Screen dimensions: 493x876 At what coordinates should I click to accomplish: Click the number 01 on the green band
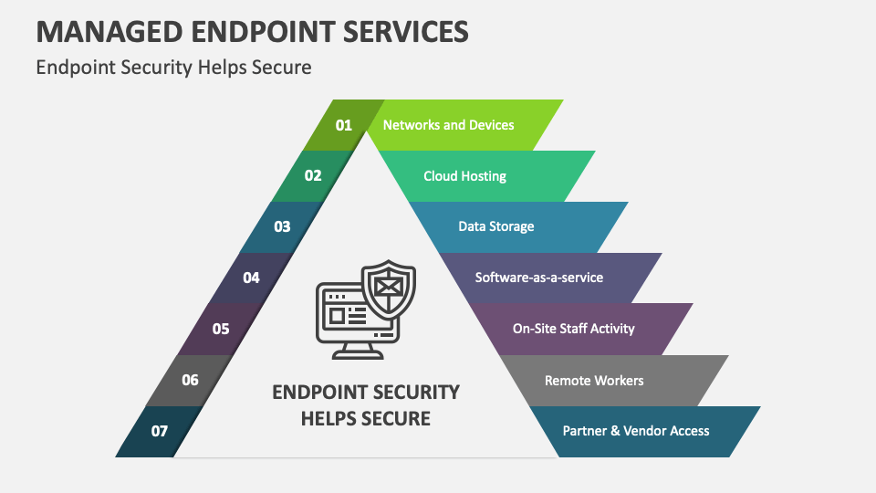pos(343,125)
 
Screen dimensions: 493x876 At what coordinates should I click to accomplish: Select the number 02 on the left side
pos(313,175)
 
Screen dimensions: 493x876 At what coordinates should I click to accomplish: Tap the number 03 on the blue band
pos(282,226)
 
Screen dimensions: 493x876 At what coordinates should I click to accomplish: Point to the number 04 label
pos(251,278)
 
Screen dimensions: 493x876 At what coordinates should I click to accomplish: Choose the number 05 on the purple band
pos(221,329)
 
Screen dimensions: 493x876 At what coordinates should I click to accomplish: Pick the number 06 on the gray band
pos(190,380)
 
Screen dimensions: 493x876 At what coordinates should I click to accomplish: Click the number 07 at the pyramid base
pos(160,431)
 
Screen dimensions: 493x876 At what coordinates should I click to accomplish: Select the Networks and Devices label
pos(448,125)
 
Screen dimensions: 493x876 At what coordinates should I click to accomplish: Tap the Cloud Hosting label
pos(464,175)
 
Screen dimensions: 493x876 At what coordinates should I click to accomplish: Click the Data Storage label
pos(495,226)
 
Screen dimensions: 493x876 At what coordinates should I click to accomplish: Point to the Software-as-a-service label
pos(538,278)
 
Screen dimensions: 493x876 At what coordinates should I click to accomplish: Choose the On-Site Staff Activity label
pos(573,329)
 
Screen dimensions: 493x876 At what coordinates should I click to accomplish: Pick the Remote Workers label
pos(593,380)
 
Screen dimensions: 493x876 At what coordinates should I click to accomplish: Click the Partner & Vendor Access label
pos(635,431)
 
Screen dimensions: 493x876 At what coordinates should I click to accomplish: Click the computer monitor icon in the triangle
pos(351,315)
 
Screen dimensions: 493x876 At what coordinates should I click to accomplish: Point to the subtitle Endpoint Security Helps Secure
pos(173,68)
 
